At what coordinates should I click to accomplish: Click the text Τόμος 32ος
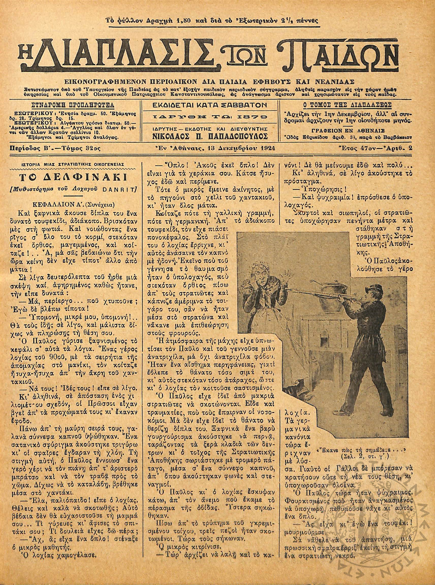[x=79, y=148]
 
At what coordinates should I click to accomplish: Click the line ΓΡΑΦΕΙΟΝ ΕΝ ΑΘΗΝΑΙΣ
[x=348, y=131]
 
